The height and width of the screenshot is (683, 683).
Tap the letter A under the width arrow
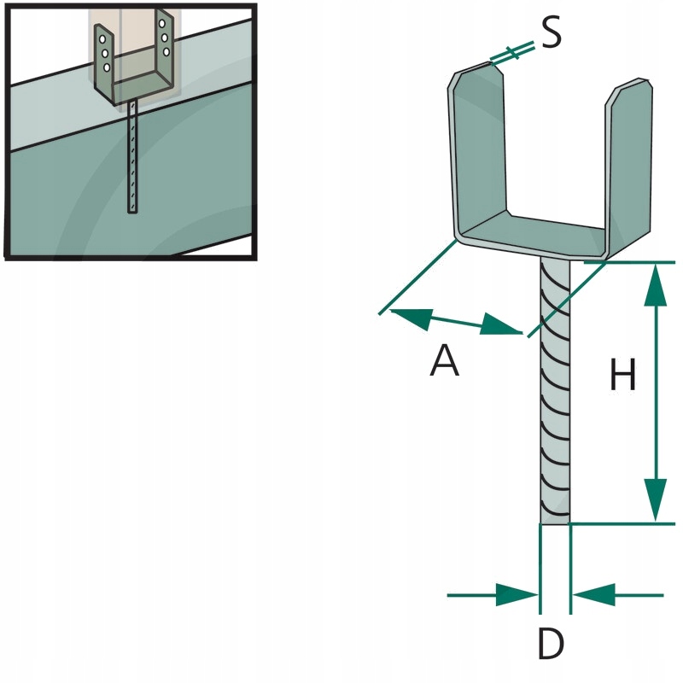tap(444, 361)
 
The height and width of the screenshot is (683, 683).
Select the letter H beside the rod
tap(623, 376)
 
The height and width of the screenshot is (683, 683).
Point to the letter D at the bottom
tap(552, 644)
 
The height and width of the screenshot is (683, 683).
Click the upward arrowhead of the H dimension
tap(655, 286)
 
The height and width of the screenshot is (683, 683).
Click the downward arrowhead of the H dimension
tap(655, 499)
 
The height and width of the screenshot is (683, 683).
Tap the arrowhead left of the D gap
tap(517, 595)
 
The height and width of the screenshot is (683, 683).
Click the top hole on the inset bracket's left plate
tap(102, 39)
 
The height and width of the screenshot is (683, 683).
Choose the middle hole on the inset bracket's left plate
tap(104, 54)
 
